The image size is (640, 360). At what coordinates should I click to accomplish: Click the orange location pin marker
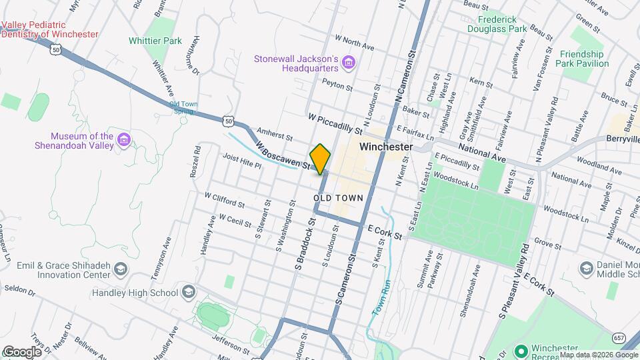pyautogui.click(x=320, y=159)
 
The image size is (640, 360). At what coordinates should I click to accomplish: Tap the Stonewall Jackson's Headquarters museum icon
pyautogui.click(x=347, y=63)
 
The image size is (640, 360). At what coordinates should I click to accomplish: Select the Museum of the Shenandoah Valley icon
pyautogui.click(x=123, y=140)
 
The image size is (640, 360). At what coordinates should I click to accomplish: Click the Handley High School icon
pyautogui.click(x=189, y=292)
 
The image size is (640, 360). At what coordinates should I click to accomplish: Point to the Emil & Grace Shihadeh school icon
pyautogui.click(x=121, y=269)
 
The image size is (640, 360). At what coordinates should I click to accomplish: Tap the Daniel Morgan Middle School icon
pyautogui.click(x=587, y=269)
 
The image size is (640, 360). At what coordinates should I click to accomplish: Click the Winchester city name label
pyautogui.click(x=386, y=146)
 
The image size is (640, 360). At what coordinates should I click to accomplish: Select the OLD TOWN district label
pyautogui.click(x=338, y=198)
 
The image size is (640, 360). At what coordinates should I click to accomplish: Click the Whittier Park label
pyautogui.click(x=155, y=41)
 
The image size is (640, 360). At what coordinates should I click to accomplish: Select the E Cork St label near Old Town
pyautogui.click(x=385, y=232)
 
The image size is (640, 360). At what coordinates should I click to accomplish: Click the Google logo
pyautogui.click(x=21, y=352)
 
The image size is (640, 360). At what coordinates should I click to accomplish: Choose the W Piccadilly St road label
pyautogui.click(x=335, y=122)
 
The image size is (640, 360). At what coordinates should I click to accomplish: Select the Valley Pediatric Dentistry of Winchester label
pyautogui.click(x=50, y=29)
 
